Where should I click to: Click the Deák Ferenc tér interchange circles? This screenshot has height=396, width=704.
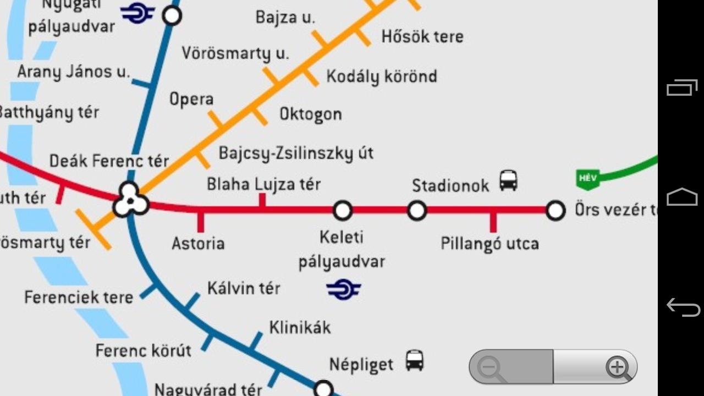click(x=131, y=200)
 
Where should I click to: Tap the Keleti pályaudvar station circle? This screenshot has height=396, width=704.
click(x=343, y=210)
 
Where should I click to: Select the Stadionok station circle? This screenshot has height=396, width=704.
click(x=417, y=210)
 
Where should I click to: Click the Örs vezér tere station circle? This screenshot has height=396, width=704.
click(x=555, y=210)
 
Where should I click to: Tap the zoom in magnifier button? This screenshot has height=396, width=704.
click(x=618, y=367)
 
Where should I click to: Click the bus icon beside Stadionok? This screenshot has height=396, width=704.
click(x=508, y=180)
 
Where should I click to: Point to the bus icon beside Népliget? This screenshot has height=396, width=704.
click(x=415, y=361)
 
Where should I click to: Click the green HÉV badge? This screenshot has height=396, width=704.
click(x=587, y=179)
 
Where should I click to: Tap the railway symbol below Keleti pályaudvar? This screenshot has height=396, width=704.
click(x=343, y=289)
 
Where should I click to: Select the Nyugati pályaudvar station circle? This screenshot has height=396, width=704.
click(x=172, y=16)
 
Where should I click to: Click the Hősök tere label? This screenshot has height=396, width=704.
click(x=422, y=37)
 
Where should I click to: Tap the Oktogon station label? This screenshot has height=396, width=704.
click(x=311, y=114)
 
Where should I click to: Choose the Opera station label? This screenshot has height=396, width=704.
click(x=191, y=100)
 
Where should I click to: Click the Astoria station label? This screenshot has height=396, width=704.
click(x=198, y=243)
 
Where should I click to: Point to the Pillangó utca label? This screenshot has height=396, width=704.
click(x=490, y=243)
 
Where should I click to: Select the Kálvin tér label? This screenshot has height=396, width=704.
click(x=244, y=288)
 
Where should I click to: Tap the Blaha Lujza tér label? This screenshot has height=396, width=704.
click(x=263, y=184)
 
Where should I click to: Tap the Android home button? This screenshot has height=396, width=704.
click(x=682, y=197)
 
